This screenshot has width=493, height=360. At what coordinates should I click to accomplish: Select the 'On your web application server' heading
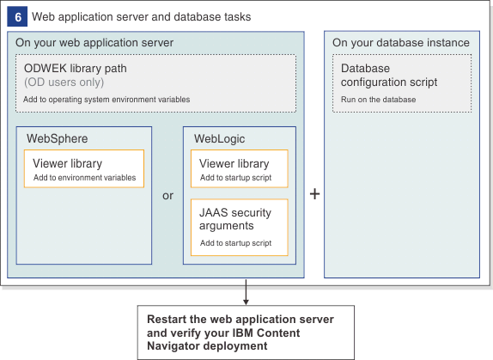pos(94,43)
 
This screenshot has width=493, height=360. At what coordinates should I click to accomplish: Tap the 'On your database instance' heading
pos(400,43)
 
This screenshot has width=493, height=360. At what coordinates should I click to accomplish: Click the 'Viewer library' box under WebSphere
pos(84,169)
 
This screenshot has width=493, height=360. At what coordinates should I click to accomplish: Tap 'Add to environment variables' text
pos(84,178)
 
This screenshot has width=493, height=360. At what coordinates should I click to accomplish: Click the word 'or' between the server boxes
pos(168,195)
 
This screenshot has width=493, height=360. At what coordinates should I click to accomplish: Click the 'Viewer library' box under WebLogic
pos(239,169)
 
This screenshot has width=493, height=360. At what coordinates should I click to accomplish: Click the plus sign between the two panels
pos(314,194)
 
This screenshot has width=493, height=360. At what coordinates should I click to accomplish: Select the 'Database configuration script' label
pos(388,75)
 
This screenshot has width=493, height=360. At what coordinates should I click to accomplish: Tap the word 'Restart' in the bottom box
pos(167,319)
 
